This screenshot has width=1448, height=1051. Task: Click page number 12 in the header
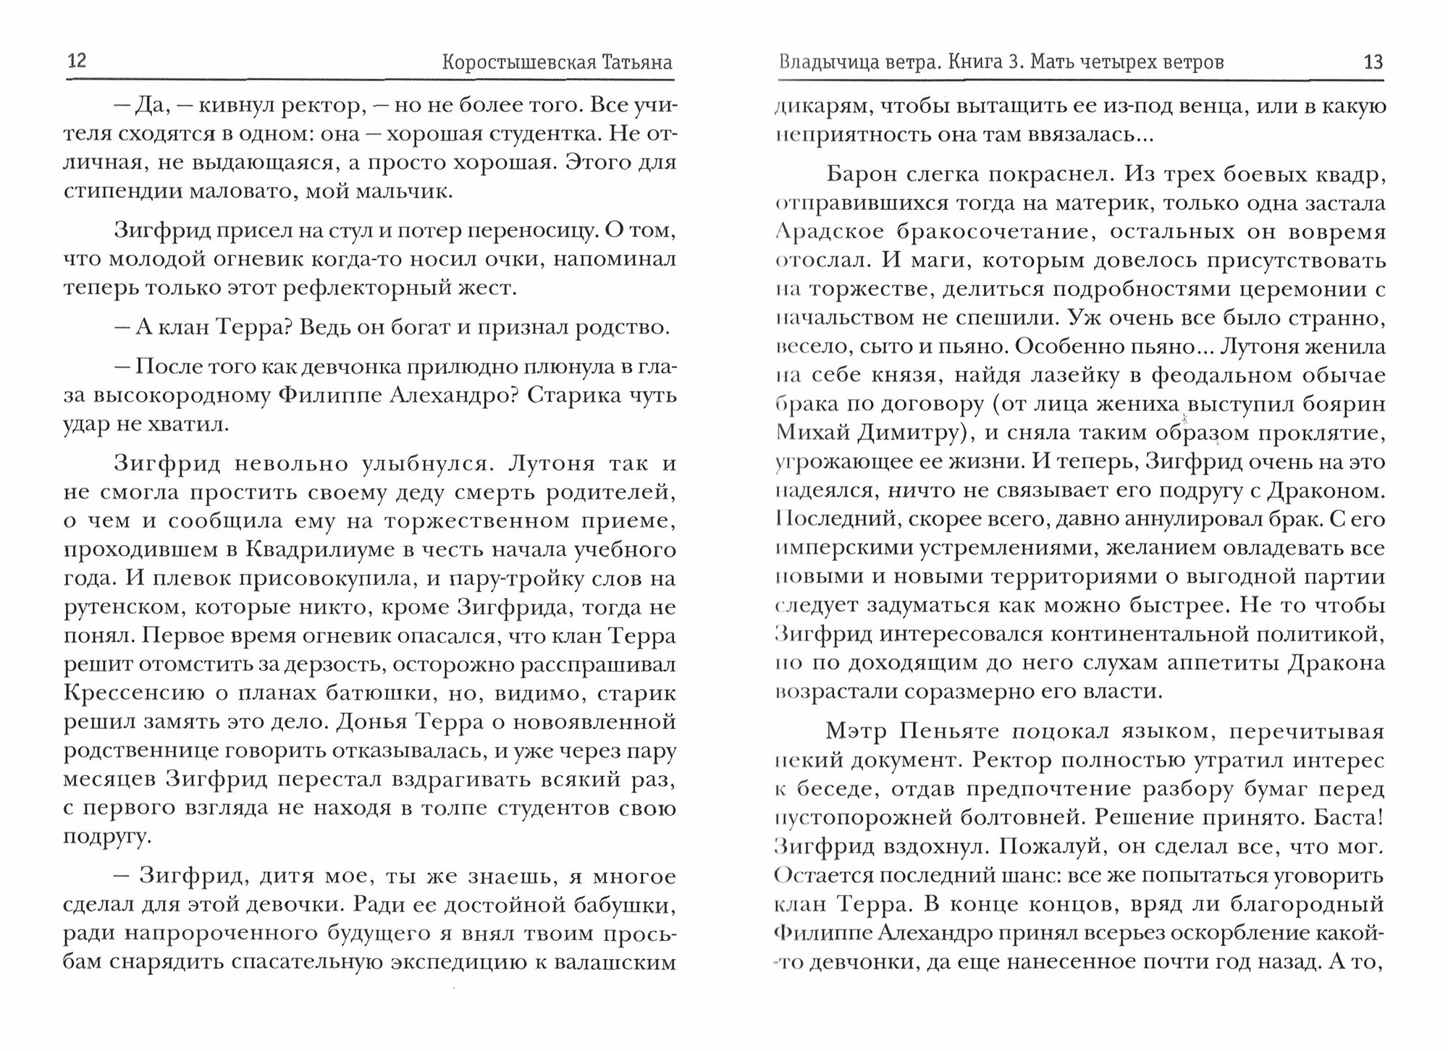coord(77,60)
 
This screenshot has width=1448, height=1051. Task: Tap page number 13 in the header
coord(1373,62)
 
